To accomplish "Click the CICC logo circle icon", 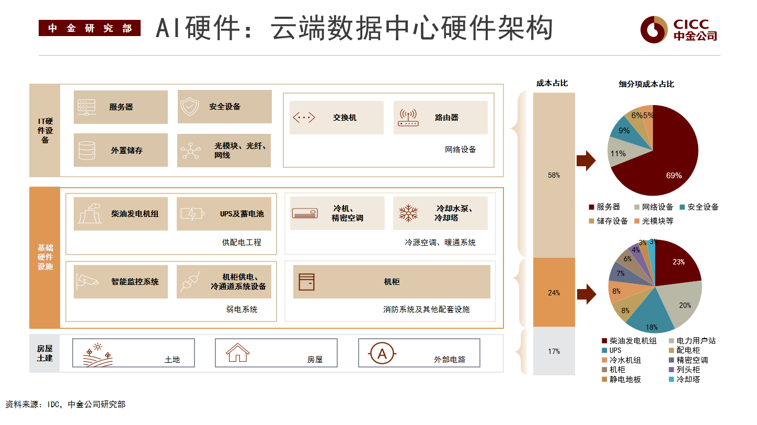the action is click(653, 30).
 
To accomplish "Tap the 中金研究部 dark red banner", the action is click(89, 28).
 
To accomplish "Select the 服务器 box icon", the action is click(86, 107).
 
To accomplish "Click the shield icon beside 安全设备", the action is click(190, 107).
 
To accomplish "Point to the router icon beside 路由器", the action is click(408, 118).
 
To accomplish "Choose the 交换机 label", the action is click(345, 118).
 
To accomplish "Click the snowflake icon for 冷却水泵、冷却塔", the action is click(408, 213).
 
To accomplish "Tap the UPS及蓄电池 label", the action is click(242, 214).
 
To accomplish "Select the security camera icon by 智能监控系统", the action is click(87, 281).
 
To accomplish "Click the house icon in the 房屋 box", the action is click(237, 353).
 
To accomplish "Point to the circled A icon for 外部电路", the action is click(382, 353).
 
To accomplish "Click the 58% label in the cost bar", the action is click(554, 175).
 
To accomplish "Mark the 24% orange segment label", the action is click(554, 293).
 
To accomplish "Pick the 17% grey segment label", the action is click(554, 352).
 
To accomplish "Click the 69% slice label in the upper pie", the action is click(674, 176).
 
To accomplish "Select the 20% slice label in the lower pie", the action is click(685, 305).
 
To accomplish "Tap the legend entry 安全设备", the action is click(699, 207).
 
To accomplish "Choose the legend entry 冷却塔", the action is click(684, 380).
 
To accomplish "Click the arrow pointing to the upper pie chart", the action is click(586, 161).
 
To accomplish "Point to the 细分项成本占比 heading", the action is click(646, 84).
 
